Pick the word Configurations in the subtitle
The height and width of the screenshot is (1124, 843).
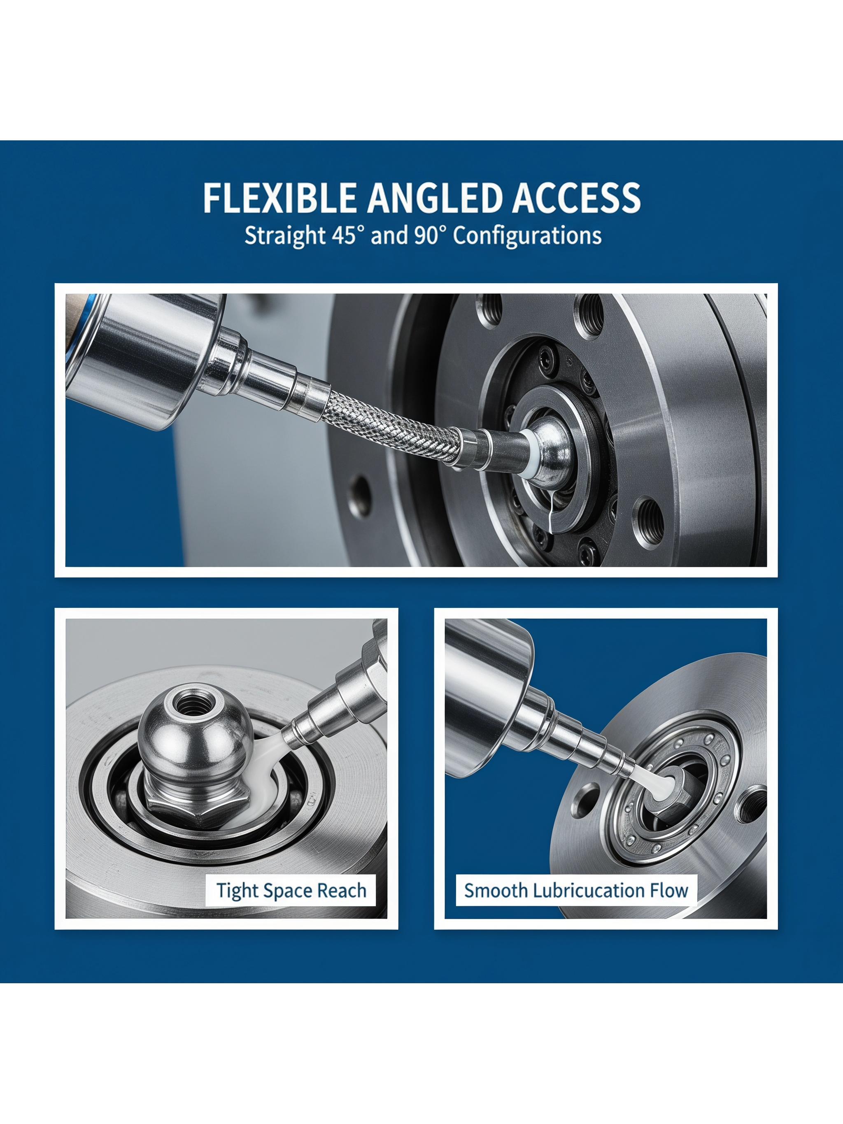coord(527,236)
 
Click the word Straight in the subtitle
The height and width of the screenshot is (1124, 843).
coord(282,236)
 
